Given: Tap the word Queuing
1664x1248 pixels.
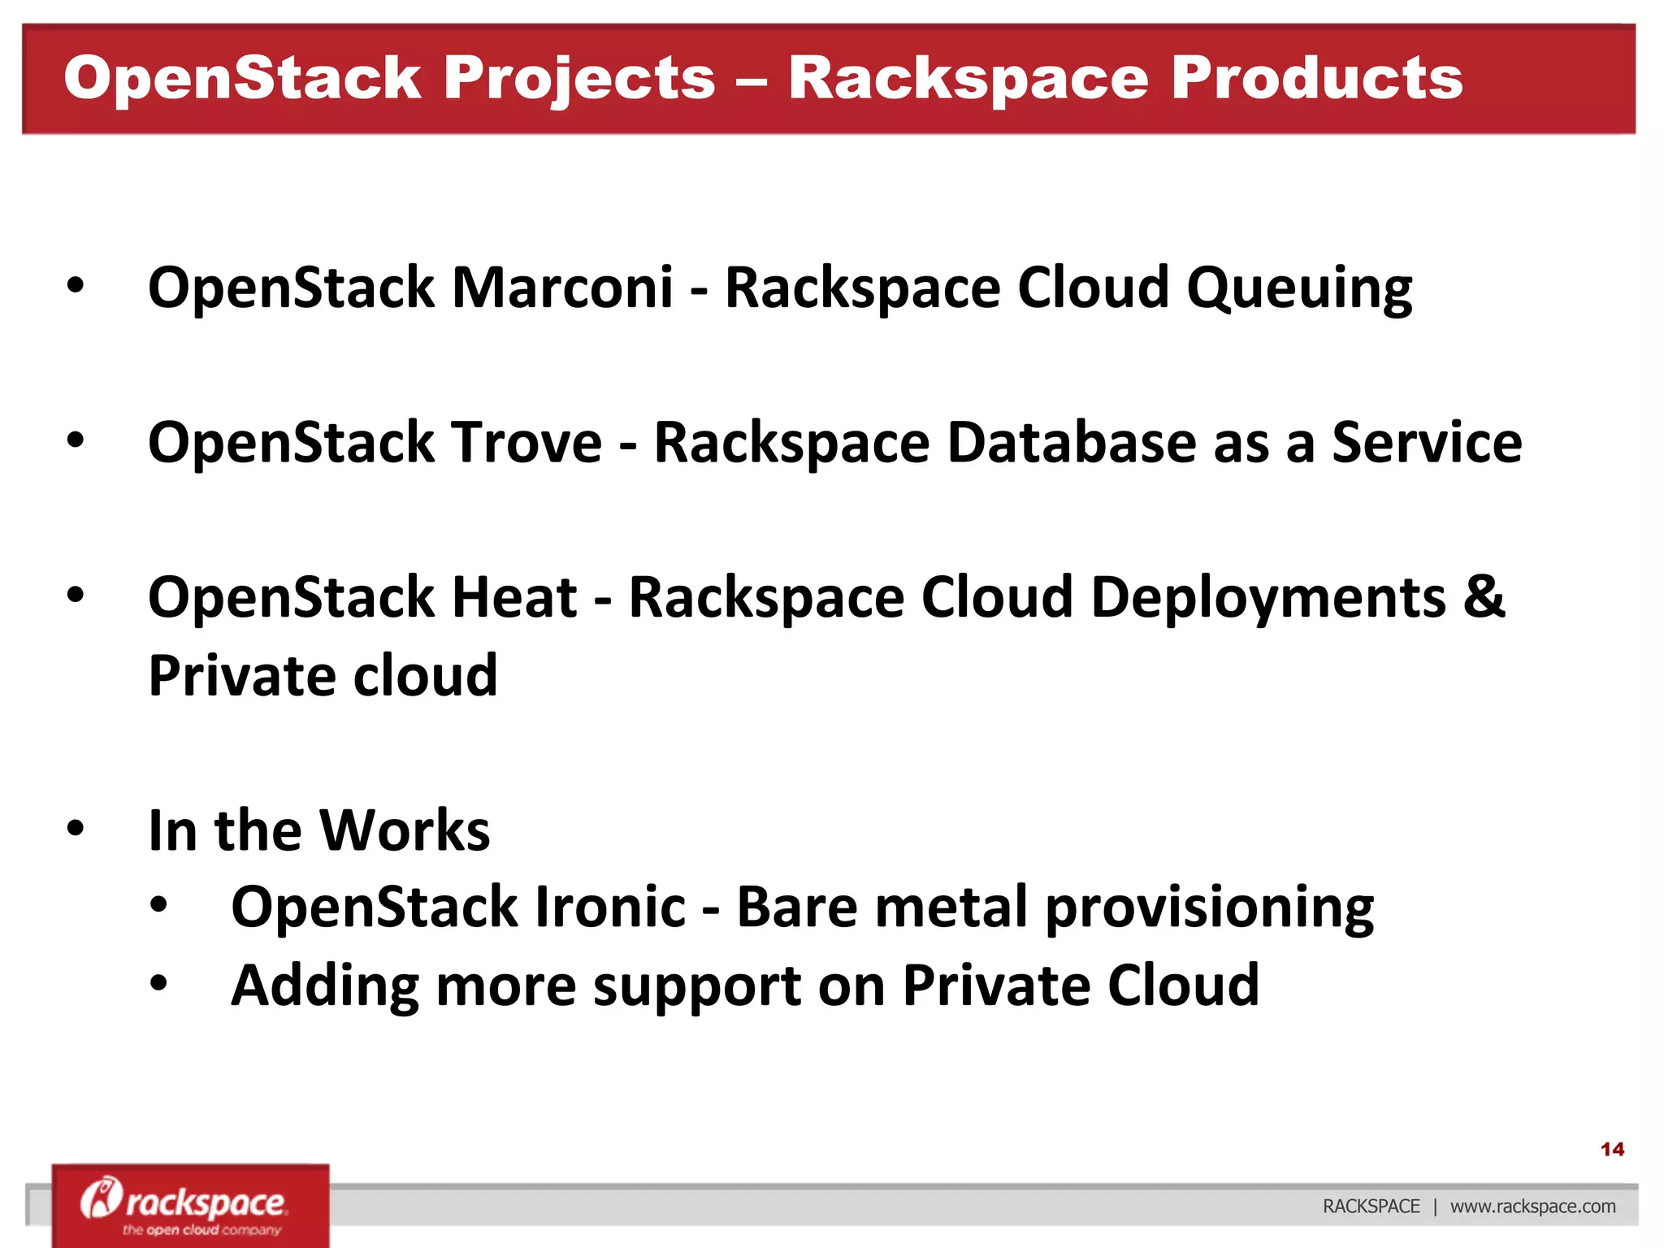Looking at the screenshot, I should click(1299, 289).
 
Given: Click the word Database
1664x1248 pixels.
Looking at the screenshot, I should click(1071, 443).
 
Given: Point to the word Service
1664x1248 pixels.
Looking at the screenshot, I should click(1427, 443).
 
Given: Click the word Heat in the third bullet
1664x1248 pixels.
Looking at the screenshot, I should click(513, 598).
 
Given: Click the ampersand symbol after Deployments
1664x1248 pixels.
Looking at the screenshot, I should click(1484, 596).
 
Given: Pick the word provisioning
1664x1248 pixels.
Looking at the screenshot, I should click(1210, 908).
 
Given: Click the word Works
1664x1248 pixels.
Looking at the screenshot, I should click(405, 830).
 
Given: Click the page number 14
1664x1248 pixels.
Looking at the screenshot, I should click(1611, 1149).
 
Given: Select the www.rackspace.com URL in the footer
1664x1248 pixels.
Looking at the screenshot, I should click(1532, 1207).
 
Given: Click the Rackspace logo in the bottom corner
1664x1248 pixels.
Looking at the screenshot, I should click(190, 1206).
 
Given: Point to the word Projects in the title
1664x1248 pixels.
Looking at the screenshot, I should click(579, 80).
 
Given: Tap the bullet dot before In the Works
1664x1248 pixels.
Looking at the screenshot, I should click(76, 829).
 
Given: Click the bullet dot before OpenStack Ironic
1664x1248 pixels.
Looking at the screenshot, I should click(158, 905).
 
